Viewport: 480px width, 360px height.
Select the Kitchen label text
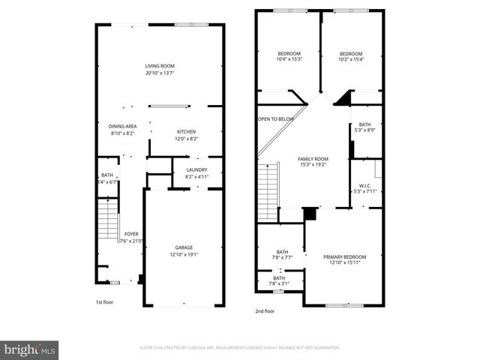pyautogui.click(x=186, y=131)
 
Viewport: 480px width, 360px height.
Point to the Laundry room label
pyautogui.click(x=196, y=170)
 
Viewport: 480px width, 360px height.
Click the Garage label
pyautogui.click(x=184, y=247)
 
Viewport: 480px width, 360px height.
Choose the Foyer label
pyautogui.click(x=131, y=234)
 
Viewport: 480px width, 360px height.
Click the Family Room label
pyautogui.click(x=313, y=159)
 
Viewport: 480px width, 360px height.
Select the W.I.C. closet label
pyautogui.click(x=365, y=185)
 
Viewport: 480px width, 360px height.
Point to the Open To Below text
pyautogui.click(x=276, y=118)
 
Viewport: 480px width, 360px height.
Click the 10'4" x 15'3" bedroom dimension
pyautogui.click(x=289, y=60)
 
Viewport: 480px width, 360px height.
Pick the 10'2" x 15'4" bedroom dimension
pyautogui.click(x=350, y=60)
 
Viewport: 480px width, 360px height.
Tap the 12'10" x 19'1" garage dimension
pyautogui.click(x=184, y=254)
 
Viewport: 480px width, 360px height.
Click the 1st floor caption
pyautogui.click(x=104, y=302)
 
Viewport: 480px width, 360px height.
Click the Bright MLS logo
pyautogui.click(x=30, y=349)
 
